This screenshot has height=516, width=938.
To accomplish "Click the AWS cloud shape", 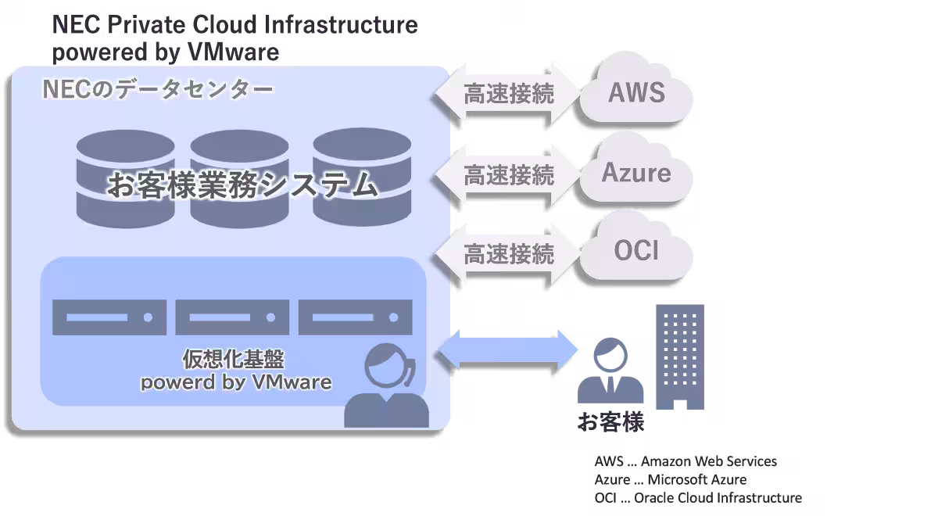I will pos(636,92).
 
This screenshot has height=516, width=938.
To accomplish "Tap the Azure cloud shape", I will pos(636,171).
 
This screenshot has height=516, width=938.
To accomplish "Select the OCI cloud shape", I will pos(636,251).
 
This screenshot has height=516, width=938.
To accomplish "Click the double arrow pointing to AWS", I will pos(508,93).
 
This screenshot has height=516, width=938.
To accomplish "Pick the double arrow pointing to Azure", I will pos(508,174).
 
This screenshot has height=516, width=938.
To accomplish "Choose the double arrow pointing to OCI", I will pos(508,253).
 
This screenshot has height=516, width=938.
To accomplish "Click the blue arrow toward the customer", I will pos(509,349).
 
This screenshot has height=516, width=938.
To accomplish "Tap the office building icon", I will pos(679,357).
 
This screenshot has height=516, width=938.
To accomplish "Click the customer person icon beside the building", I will pos(610,372).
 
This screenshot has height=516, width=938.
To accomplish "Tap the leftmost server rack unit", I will pos(109,317).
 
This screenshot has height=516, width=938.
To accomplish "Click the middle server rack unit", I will pos(232,317).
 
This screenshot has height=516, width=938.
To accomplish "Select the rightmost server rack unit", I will pos(355,317).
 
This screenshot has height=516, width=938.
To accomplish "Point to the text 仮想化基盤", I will pos(233,359).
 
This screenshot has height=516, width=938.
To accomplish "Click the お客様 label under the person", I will pos(610,422).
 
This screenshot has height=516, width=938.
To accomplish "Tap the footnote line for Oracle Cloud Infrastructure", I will pos(698,498).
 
